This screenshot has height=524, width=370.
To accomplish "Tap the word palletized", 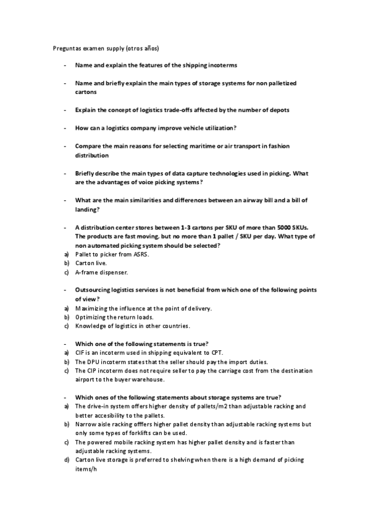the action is [x=289, y=83].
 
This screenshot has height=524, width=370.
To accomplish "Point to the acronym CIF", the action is [x=80, y=352].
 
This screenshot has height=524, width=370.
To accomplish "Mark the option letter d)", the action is [x=65, y=460].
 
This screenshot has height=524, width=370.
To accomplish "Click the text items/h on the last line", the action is [x=86, y=470].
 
